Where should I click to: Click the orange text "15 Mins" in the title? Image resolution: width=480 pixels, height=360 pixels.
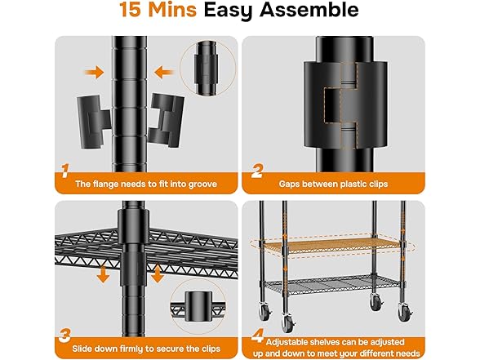pos(158,10)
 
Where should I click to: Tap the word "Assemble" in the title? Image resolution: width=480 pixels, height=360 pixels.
pos(309,10)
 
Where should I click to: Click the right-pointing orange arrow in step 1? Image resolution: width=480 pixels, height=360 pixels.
pos(95,73)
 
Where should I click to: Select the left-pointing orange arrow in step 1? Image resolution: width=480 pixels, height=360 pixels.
pos(164,73)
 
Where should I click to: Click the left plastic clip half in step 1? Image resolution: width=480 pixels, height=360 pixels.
pos(93,122)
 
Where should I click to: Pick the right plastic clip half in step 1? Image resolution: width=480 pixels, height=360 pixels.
pos(167,120)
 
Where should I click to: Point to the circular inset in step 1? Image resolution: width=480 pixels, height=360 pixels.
pos(208,69)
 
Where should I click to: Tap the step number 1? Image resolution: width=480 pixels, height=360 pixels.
pos(65,171)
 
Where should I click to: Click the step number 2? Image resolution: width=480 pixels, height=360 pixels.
pos(257,171)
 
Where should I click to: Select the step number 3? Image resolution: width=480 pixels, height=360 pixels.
pos(65,336)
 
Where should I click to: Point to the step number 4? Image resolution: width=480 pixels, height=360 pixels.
pos(257,336)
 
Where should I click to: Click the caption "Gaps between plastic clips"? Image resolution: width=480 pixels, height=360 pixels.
pos(333,184)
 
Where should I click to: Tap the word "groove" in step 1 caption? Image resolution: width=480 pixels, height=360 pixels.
pos(202,184)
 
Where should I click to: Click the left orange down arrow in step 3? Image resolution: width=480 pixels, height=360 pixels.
pos(103,274)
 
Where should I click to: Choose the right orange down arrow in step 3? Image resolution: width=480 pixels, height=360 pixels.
pos(157,274)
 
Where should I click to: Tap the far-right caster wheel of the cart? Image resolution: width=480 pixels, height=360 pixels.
pos(405,312)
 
